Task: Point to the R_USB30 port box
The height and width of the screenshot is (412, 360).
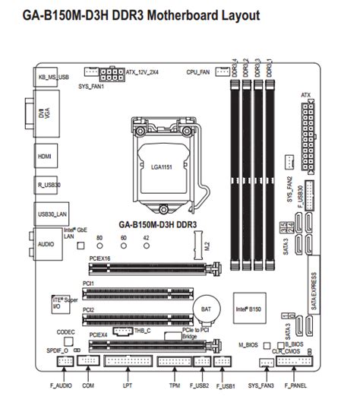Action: click(x=47, y=184)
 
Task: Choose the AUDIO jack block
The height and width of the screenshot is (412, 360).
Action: click(x=46, y=245)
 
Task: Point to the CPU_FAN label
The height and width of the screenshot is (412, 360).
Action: click(x=197, y=71)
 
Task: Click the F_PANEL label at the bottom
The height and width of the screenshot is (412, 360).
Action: click(x=296, y=387)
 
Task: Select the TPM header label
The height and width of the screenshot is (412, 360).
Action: click(x=175, y=387)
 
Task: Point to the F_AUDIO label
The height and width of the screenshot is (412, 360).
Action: click(x=65, y=387)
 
